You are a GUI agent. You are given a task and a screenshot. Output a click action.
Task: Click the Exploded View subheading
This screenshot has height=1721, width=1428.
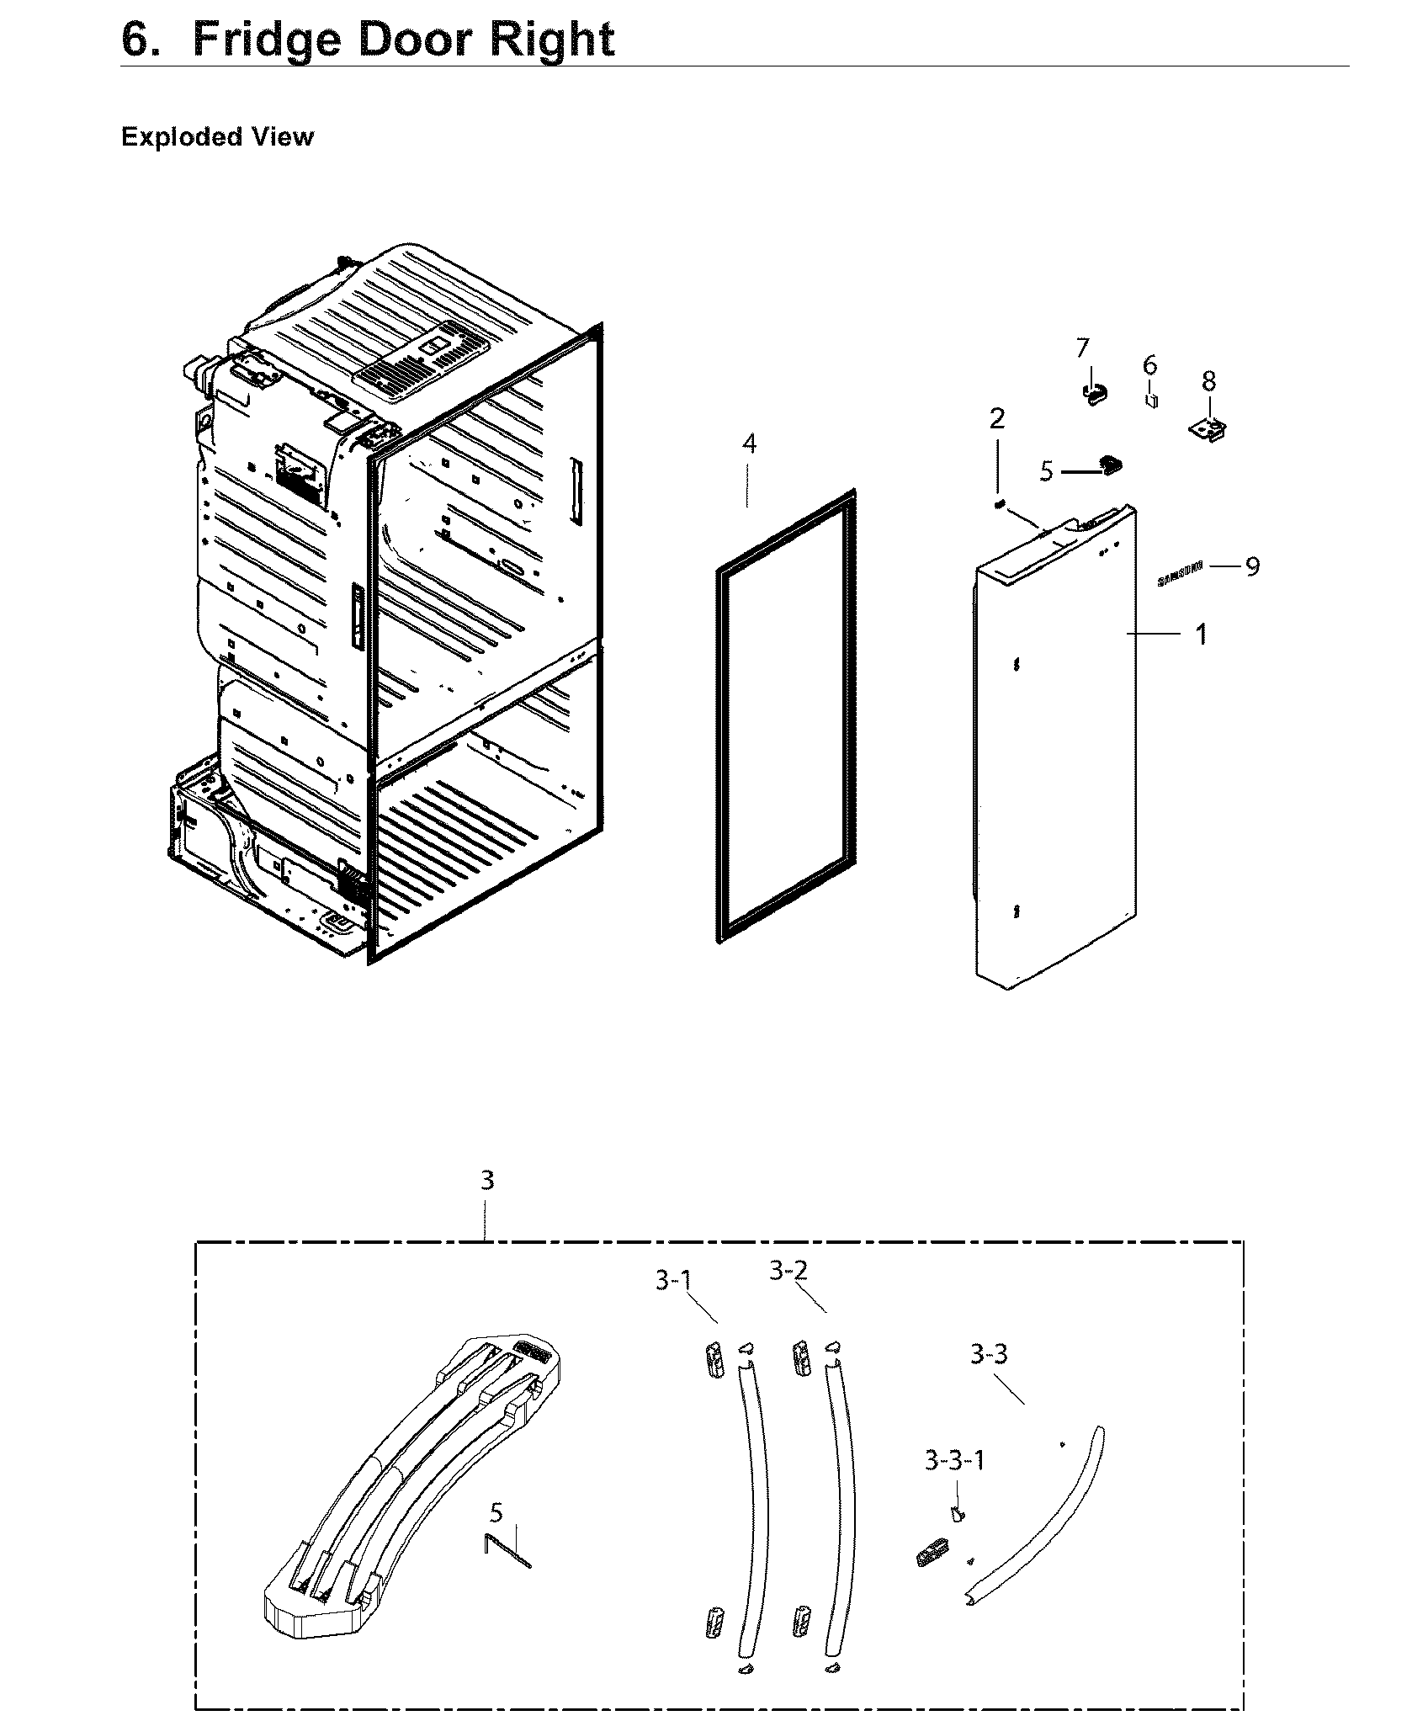tap(217, 137)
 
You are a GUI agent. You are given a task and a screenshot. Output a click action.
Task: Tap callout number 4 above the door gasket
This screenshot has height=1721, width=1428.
tap(749, 444)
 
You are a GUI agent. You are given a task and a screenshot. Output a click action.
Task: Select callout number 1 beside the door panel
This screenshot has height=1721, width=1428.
tap(1202, 635)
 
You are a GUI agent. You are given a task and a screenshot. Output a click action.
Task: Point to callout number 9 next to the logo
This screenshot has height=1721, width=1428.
tap(1252, 566)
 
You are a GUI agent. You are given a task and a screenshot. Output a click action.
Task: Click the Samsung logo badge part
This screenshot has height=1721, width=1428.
tap(1180, 574)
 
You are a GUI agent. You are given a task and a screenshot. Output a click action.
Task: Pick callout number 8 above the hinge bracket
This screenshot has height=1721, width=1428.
tap(1208, 381)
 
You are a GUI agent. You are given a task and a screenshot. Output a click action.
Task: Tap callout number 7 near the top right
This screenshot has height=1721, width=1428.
tap(1082, 348)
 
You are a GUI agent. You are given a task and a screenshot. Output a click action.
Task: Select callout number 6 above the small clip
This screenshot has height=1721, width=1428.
tap(1149, 365)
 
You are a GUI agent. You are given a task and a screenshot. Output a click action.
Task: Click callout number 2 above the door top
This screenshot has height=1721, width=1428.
tap(997, 418)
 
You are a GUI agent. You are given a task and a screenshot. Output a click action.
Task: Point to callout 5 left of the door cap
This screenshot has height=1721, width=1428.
tap(1046, 471)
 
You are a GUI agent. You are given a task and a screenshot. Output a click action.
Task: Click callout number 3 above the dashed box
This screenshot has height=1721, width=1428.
tap(487, 1181)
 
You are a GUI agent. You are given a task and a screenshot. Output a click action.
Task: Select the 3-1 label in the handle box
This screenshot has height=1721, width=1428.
tap(673, 1282)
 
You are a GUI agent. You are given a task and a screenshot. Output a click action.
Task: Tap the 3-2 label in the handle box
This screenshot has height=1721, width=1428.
tap(788, 1271)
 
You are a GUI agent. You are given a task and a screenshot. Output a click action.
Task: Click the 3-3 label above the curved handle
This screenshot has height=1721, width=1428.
tap(989, 1354)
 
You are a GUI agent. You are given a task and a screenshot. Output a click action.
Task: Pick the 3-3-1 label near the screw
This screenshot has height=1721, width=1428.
tap(954, 1460)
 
